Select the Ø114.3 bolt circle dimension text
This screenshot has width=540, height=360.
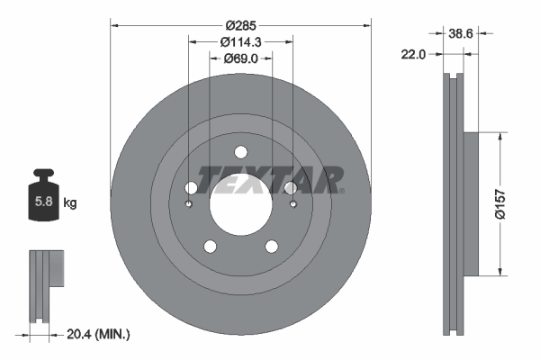click(x=240, y=41)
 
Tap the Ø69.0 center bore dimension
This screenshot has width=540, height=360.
click(x=240, y=58)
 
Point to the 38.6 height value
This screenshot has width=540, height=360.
click(x=462, y=33)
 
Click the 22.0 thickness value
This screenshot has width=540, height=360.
click(x=413, y=55)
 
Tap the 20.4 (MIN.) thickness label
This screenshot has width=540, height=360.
click(x=99, y=335)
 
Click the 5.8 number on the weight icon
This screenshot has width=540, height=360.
click(x=43, y=202)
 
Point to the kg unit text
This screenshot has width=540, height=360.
click(x=70, y=203)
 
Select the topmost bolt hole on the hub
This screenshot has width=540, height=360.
click(x=240, y=152)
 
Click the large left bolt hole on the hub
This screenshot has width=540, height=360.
click(x=191, y=188)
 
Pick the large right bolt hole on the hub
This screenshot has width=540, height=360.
click(x=291, y=188)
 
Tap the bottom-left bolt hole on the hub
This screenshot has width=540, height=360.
click(x=210, y=247)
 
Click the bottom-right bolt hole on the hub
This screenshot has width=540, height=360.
click(x=271, y=247)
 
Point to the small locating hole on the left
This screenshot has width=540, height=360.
click(x=188, y=203)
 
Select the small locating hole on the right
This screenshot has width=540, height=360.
click(x=293, y=203)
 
